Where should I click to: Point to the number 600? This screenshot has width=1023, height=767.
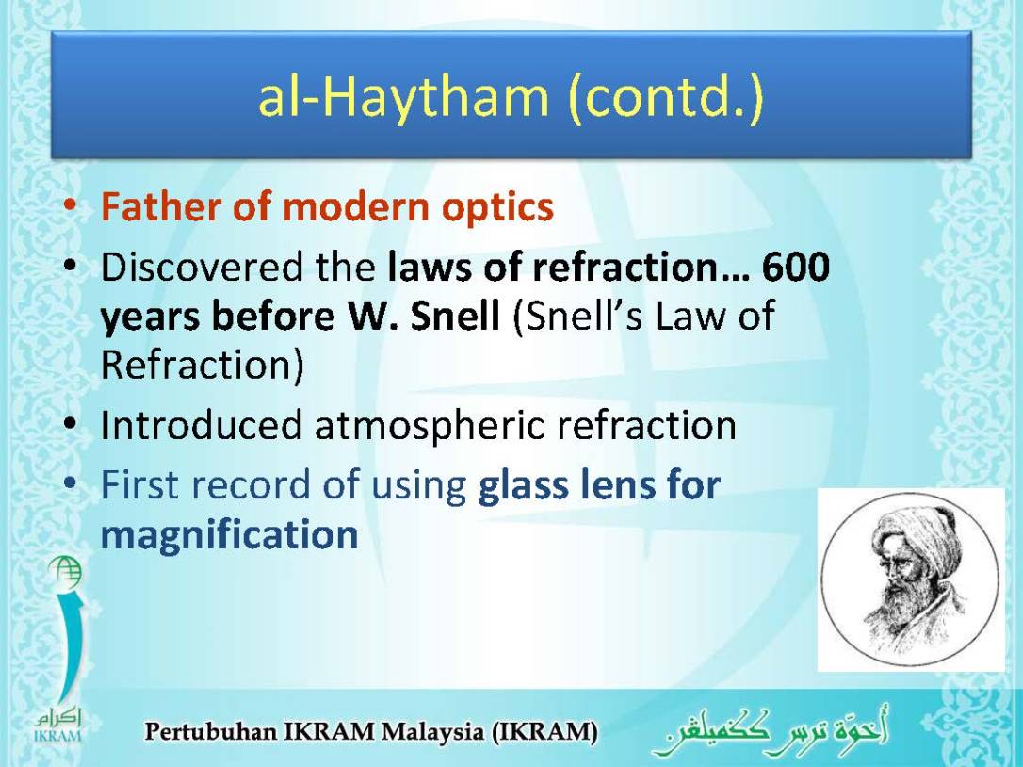click(796, 269)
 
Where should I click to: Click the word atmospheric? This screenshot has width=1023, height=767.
click(430, 426)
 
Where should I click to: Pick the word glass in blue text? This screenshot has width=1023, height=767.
click(521, 485)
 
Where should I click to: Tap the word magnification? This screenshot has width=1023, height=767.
click(229, 535)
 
